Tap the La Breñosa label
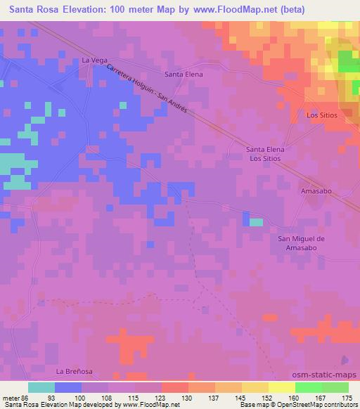75,370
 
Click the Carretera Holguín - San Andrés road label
148,92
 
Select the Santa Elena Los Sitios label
264,154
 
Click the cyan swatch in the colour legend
41,387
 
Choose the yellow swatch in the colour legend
281,387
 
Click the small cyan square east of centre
256,222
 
